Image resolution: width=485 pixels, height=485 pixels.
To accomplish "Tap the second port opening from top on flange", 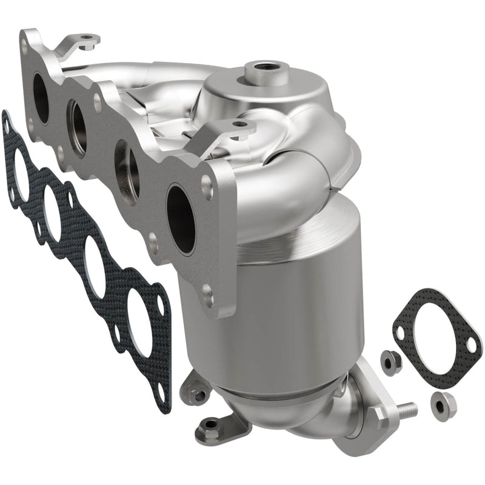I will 77,127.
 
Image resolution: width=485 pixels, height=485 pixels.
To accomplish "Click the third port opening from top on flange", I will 125,169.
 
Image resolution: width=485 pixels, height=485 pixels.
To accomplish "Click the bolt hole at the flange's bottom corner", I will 208,295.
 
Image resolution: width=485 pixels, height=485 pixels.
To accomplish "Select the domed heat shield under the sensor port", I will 267,97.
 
